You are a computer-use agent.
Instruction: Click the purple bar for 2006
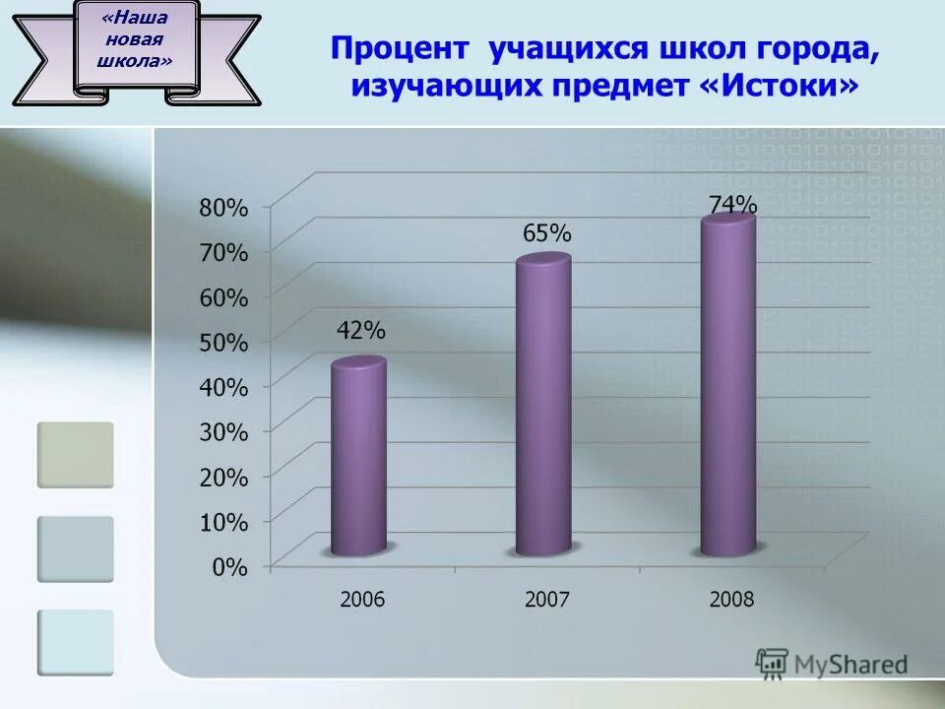(x=358, y=458)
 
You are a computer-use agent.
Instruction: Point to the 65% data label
(x=545, y=233)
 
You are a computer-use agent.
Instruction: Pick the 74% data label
(x=733, y=205)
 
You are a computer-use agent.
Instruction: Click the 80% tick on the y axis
(x=224, y=207)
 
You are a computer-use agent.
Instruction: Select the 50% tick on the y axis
(x=224, y=342)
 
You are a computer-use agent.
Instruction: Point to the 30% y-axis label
(x=224, y=431)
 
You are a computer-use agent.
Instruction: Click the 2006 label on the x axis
(x=362, y=599)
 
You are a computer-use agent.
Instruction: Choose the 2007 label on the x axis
(x=546, y=599)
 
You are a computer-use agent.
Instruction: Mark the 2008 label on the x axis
(x=730, y=599)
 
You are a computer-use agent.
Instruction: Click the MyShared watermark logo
(x=832, y=664)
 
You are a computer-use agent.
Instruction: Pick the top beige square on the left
(x=76, y=455)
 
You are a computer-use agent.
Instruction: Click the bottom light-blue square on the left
(x=76, y=642)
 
